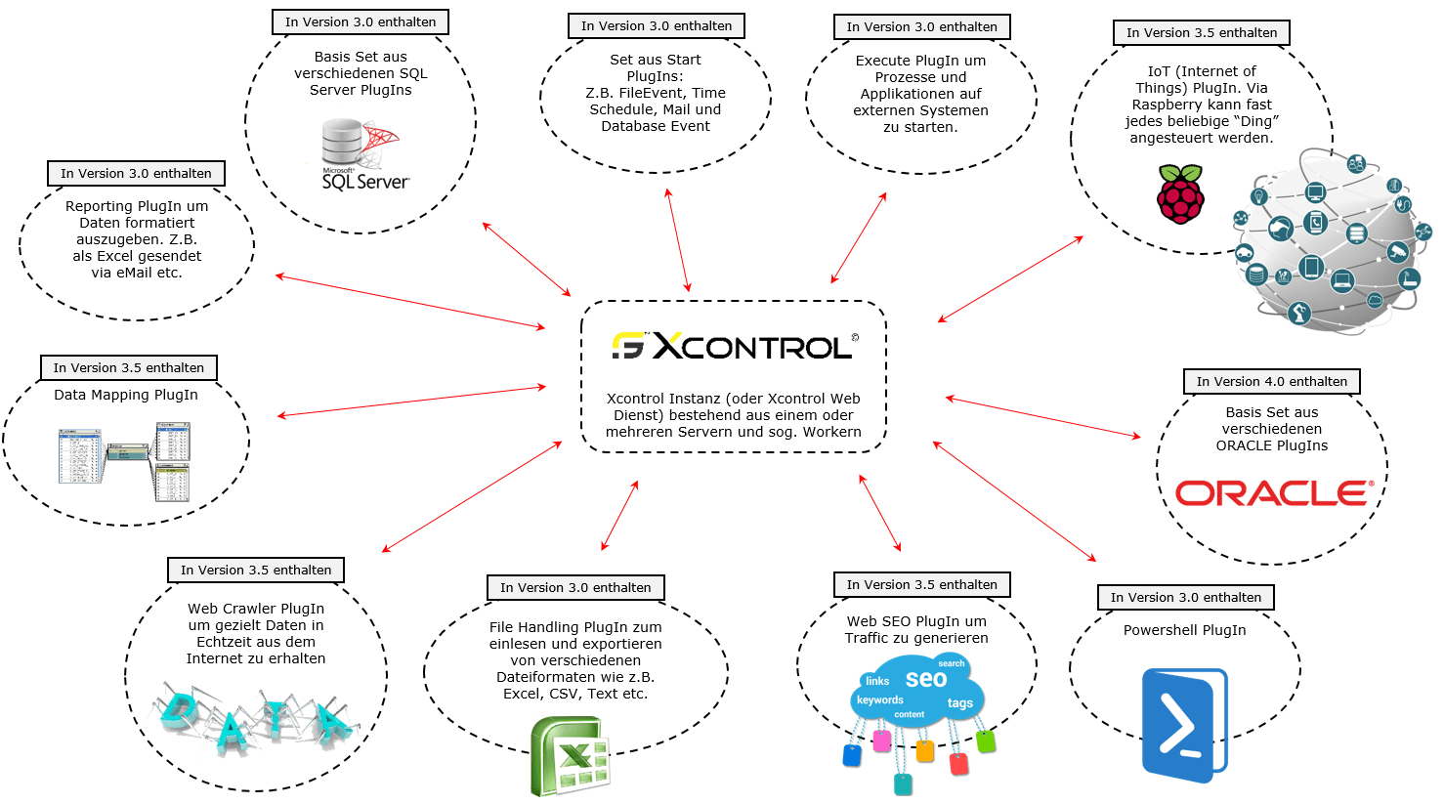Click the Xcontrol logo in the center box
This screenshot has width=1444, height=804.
point(735,346)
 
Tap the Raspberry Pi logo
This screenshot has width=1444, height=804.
point(1180,194)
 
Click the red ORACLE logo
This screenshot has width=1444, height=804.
point(1273,493)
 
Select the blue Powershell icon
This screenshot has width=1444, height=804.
point(1185,725)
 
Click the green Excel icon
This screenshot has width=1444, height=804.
point(571,756)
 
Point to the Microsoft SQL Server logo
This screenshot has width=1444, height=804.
point(361,154)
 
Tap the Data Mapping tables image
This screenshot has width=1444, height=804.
point(124,461)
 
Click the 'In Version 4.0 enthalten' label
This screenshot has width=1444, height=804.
point(1272,382)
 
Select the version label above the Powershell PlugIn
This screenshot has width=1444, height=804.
point(1185,598)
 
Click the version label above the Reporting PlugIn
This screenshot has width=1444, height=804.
point(136,174)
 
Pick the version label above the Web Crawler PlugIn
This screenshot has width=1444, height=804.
point(256,570)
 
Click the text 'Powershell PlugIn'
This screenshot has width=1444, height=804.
point(1185,630)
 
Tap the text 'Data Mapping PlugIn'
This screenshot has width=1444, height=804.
point(126,395)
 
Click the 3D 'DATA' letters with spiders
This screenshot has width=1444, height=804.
point(255,719)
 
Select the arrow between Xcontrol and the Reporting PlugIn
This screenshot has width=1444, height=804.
point(410,303)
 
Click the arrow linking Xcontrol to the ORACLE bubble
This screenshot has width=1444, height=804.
point(1043,418)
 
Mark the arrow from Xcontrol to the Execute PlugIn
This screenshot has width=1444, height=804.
point(859,238)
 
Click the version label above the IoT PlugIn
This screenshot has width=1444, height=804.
point(1202,33)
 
